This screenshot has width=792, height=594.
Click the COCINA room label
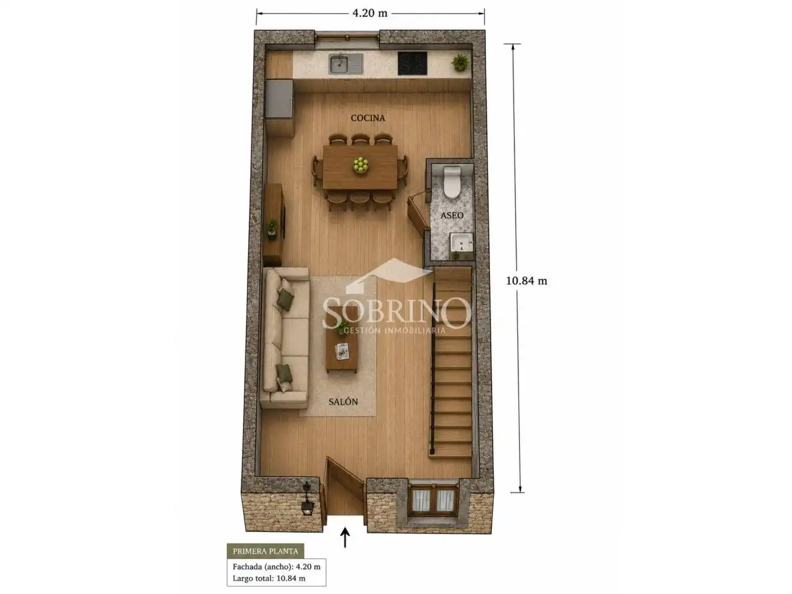coord(368,118)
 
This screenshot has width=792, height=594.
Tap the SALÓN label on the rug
coord(343,402)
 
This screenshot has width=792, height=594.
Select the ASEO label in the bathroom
coord(452,215)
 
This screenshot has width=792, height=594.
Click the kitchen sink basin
coord(339,64)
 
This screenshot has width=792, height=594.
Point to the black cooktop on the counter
coord(413,63)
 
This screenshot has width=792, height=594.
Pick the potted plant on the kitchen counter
coord(460,62)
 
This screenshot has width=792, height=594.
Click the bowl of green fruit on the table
coord(361,165)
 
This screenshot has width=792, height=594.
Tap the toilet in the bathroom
coord(452,182)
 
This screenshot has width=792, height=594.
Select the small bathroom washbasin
coord(461,242)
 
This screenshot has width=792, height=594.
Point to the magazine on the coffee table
coord(342,351)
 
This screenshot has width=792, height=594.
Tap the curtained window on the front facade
coord(433,499)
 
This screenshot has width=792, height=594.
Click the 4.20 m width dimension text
coord(370,14)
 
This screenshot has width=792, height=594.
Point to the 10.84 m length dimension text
coord(527,280)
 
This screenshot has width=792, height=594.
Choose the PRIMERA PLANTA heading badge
coord(265,551)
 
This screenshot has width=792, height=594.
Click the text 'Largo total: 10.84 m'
coord(269,578)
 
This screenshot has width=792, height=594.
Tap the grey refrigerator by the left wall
coord(279,99)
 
